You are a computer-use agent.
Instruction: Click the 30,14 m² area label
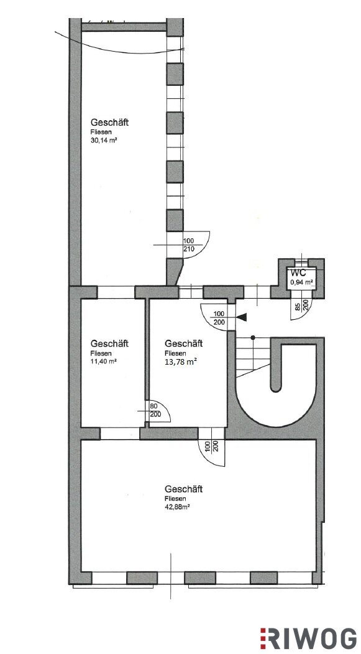click(x=103, y=141)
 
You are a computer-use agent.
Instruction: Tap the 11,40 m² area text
click(x=103, y=361)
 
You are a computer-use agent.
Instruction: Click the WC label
click(x=299, y=273)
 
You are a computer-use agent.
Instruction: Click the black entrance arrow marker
click(x=242, y=317)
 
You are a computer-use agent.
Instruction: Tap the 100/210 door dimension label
click(x=189, y=245)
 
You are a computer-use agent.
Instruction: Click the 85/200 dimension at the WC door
click(x=302, y=306)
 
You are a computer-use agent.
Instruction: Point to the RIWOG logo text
click(x=309, y=638)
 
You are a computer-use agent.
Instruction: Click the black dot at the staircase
click(x=253, y=337)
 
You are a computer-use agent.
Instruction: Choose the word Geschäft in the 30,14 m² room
click(x=109, y=123)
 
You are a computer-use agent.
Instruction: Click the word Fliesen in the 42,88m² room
click(x=175, y=498)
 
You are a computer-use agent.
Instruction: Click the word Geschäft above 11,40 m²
click(x=109, y=343)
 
